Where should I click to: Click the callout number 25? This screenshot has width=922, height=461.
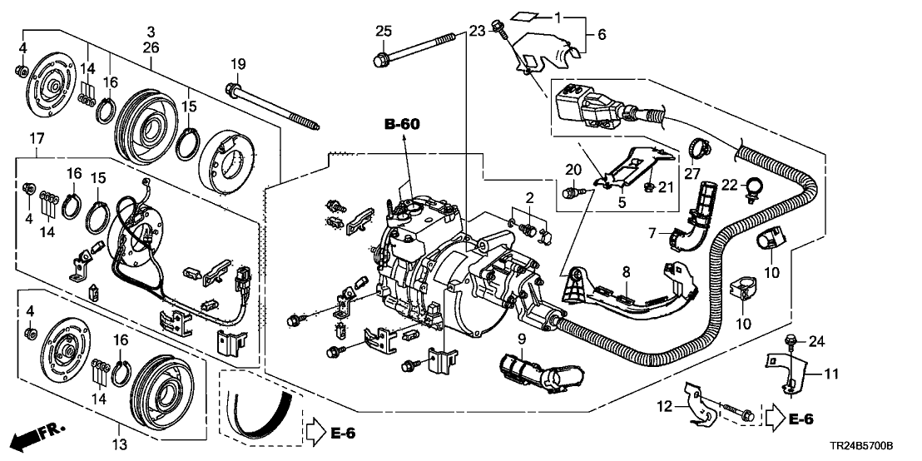point(383,32)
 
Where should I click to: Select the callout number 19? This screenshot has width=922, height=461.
point(238,63)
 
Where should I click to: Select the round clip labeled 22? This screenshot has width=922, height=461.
point(754,187)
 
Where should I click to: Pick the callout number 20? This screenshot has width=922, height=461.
point(573,170)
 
